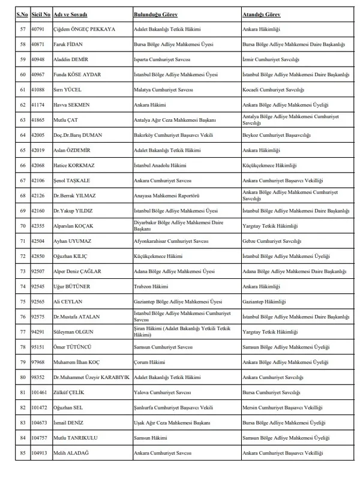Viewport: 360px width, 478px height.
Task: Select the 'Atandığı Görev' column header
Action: click(x=262, y=13)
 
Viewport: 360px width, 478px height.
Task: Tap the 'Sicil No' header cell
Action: click(x=41, y=13)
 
